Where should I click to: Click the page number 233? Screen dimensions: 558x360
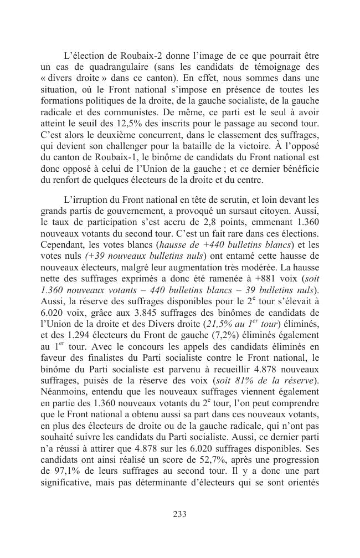[x=179, y=514]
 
